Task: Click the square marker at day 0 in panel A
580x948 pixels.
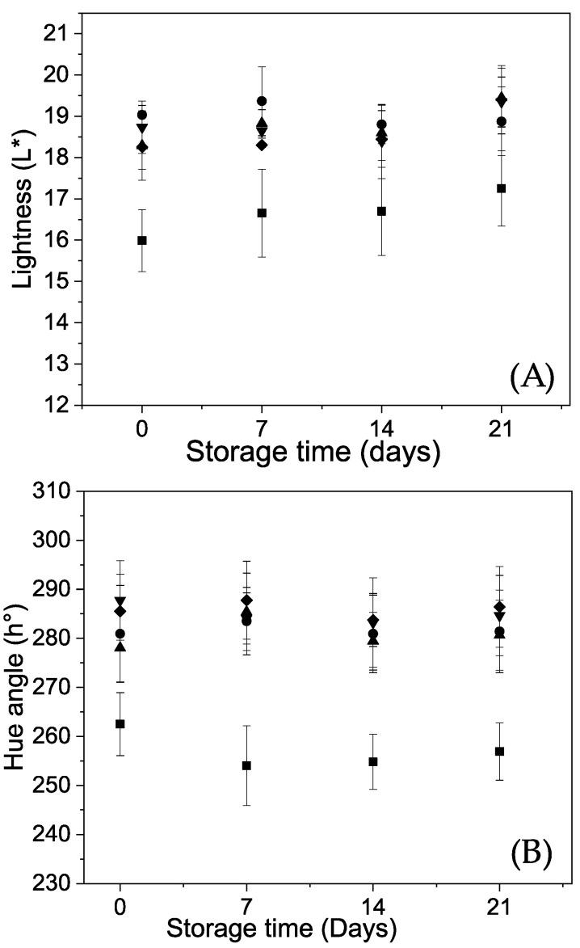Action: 142,240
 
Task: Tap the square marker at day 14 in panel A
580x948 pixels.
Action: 381,211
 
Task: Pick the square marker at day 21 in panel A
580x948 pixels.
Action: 501,188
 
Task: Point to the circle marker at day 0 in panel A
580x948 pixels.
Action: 142,115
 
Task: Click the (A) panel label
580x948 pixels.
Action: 532,377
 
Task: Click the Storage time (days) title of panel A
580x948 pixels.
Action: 313,450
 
